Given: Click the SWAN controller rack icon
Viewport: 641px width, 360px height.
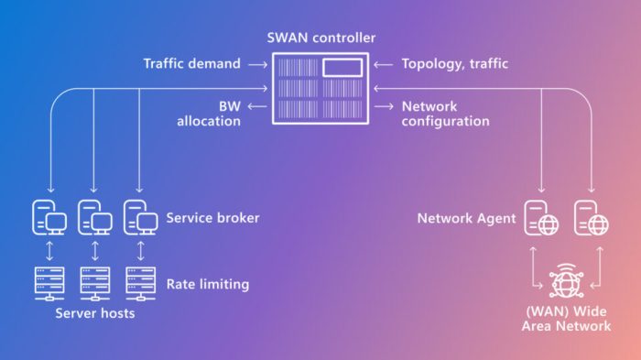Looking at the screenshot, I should pos(320,89).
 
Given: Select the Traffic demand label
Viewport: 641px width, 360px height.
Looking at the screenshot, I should pos(191,64).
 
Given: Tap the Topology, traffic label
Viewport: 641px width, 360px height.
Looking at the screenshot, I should pos(454,64).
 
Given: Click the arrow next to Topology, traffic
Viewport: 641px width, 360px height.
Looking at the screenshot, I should pos(384,64).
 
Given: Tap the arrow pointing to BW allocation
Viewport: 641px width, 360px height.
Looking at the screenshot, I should pos(256,107).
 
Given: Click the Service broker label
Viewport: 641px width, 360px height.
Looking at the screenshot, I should pos(212,219).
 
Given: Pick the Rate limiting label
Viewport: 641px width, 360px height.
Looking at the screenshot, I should pos(207,284).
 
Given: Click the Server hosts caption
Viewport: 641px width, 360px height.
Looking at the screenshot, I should pos(94,314).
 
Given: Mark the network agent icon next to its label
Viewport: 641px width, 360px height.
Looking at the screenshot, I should pos(540,218).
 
